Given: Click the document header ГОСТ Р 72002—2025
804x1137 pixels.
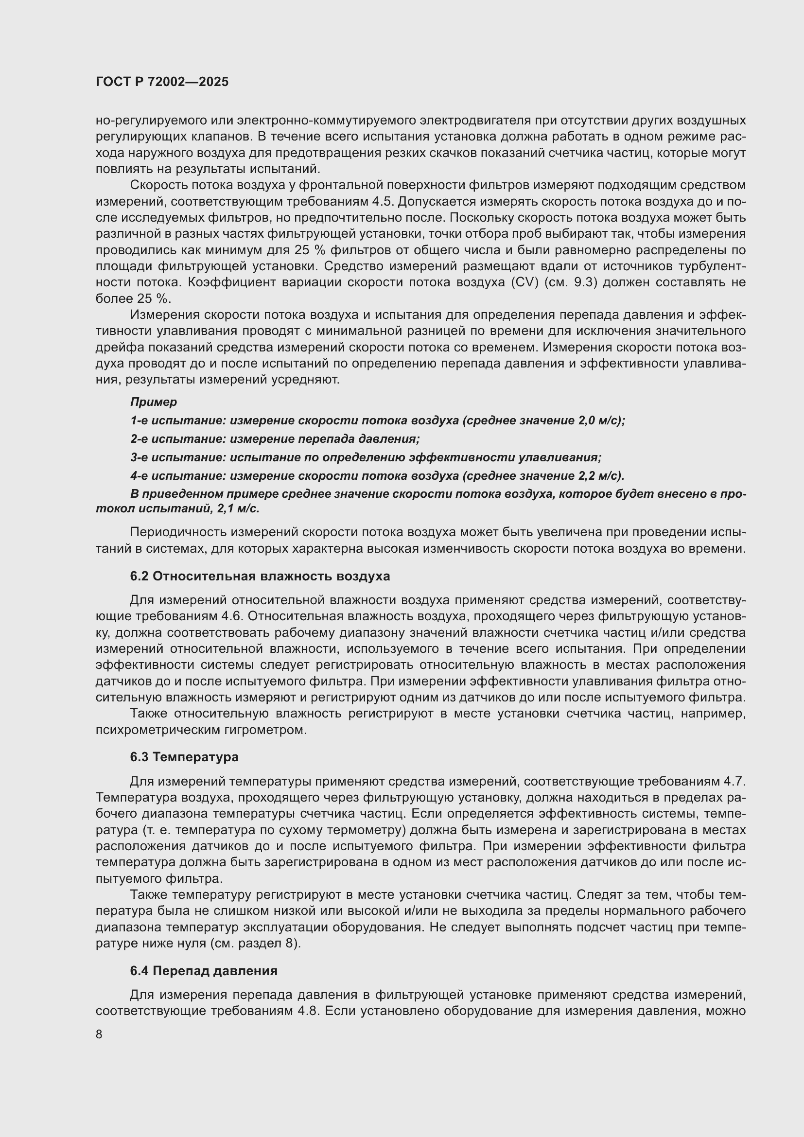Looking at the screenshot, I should coord(162,82).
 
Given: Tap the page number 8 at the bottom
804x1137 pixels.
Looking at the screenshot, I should coord(99,1034).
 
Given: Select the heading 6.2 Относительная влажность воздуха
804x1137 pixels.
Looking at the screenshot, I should coord(260,576).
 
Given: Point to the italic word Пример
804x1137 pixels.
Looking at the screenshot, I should coord(154,402).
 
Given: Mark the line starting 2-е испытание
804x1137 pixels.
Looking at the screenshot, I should coord(275,439).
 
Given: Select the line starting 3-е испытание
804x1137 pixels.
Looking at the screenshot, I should coord(366,457).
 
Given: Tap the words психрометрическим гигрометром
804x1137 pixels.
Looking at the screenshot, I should coord(201,730).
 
